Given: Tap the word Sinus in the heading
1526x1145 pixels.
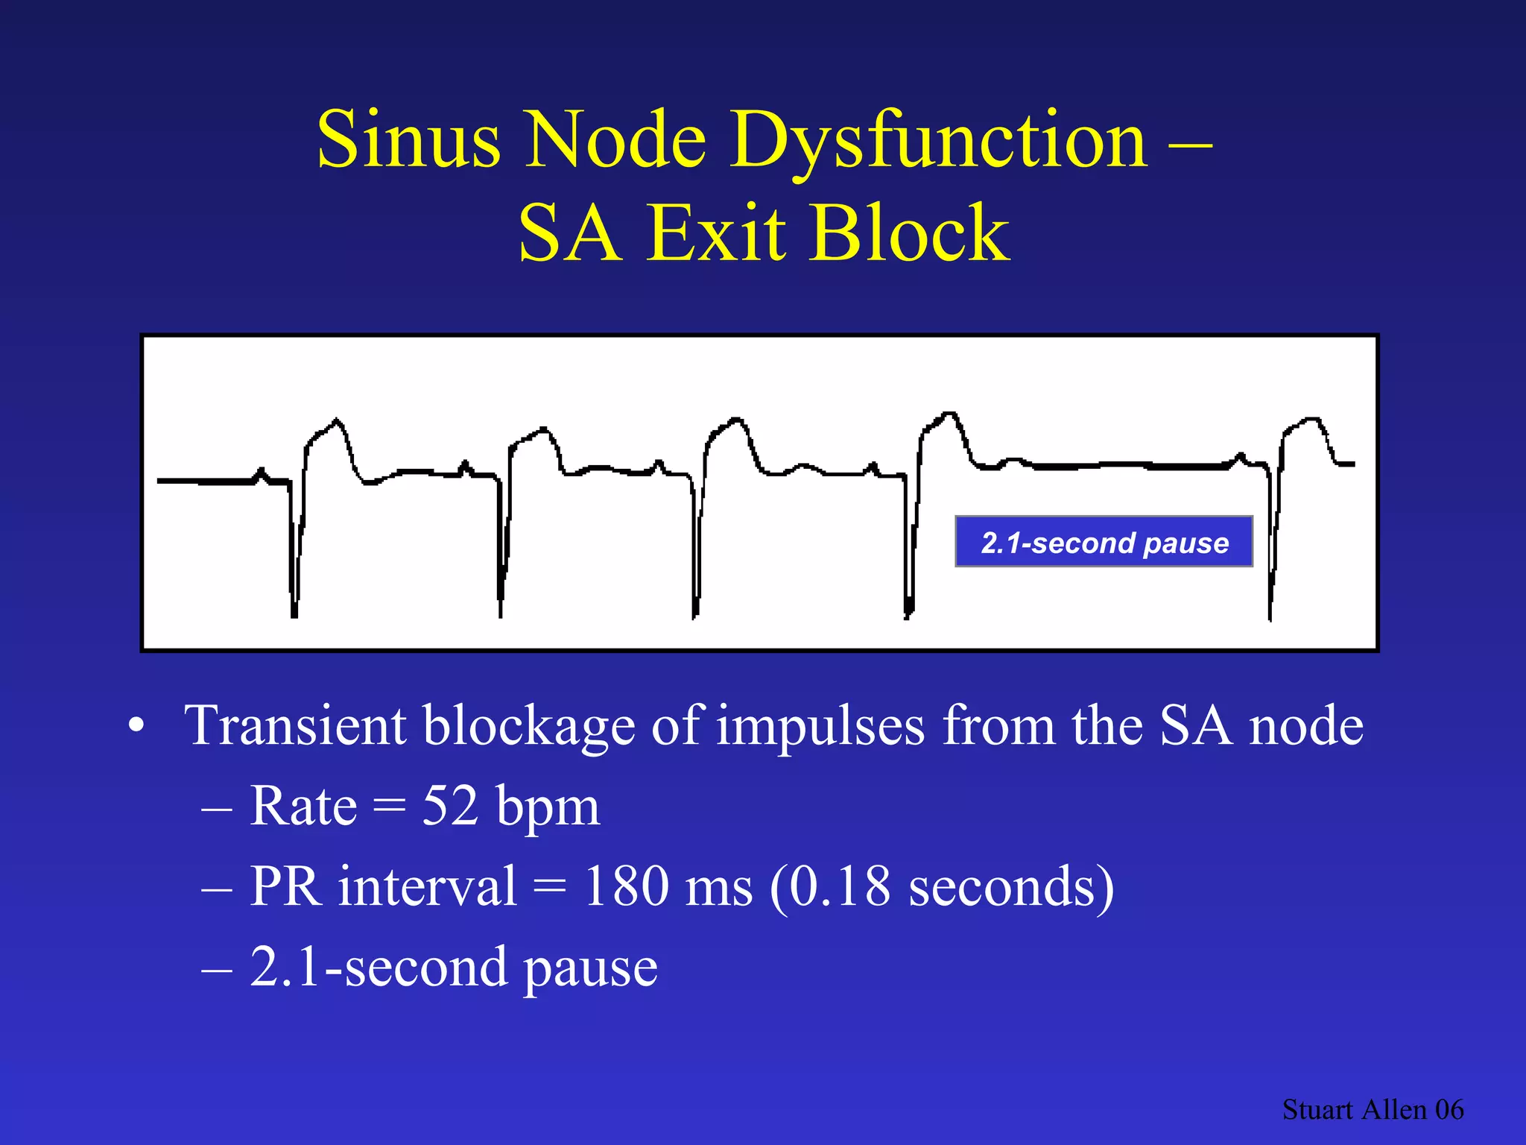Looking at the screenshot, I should coord(408,140).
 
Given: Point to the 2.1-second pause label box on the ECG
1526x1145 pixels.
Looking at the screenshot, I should coord(1104,542).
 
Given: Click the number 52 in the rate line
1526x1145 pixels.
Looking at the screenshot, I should coord(450,807).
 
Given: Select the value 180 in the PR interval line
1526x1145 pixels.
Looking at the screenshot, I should coord(626,886).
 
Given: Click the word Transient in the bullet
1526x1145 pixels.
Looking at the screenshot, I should coord(295,725).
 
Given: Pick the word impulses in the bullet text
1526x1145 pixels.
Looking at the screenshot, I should coord(820,727).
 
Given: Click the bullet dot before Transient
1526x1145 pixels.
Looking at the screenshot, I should coord(136,726).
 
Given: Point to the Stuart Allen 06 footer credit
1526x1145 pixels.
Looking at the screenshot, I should coord(1373,1110).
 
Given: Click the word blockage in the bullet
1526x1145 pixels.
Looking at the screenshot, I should coord(529,727).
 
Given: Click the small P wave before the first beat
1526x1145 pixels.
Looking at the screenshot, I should coord(261,473).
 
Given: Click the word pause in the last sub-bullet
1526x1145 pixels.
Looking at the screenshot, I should coord(590,968).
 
